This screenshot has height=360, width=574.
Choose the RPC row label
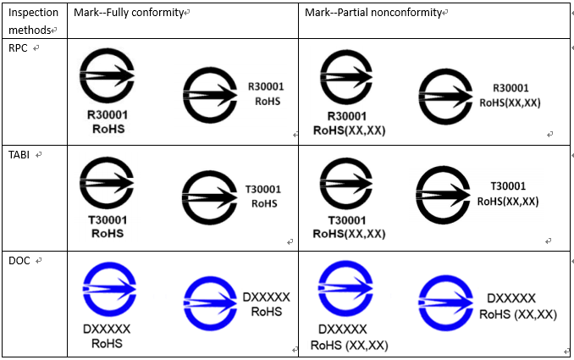[19, 48]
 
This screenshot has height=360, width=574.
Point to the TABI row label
[20, 155]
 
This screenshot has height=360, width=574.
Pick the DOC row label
[19, 260]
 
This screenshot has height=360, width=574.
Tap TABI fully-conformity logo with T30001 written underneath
[107, 183]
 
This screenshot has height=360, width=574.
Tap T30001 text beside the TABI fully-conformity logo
[262, 189]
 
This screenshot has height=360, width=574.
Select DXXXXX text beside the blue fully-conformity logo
[266, 296]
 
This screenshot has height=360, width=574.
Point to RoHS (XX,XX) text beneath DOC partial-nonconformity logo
[349, 345]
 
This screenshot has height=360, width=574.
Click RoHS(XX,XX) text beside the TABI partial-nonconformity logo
[508, 202]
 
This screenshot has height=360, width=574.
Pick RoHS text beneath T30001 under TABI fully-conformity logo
[107, 233]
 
